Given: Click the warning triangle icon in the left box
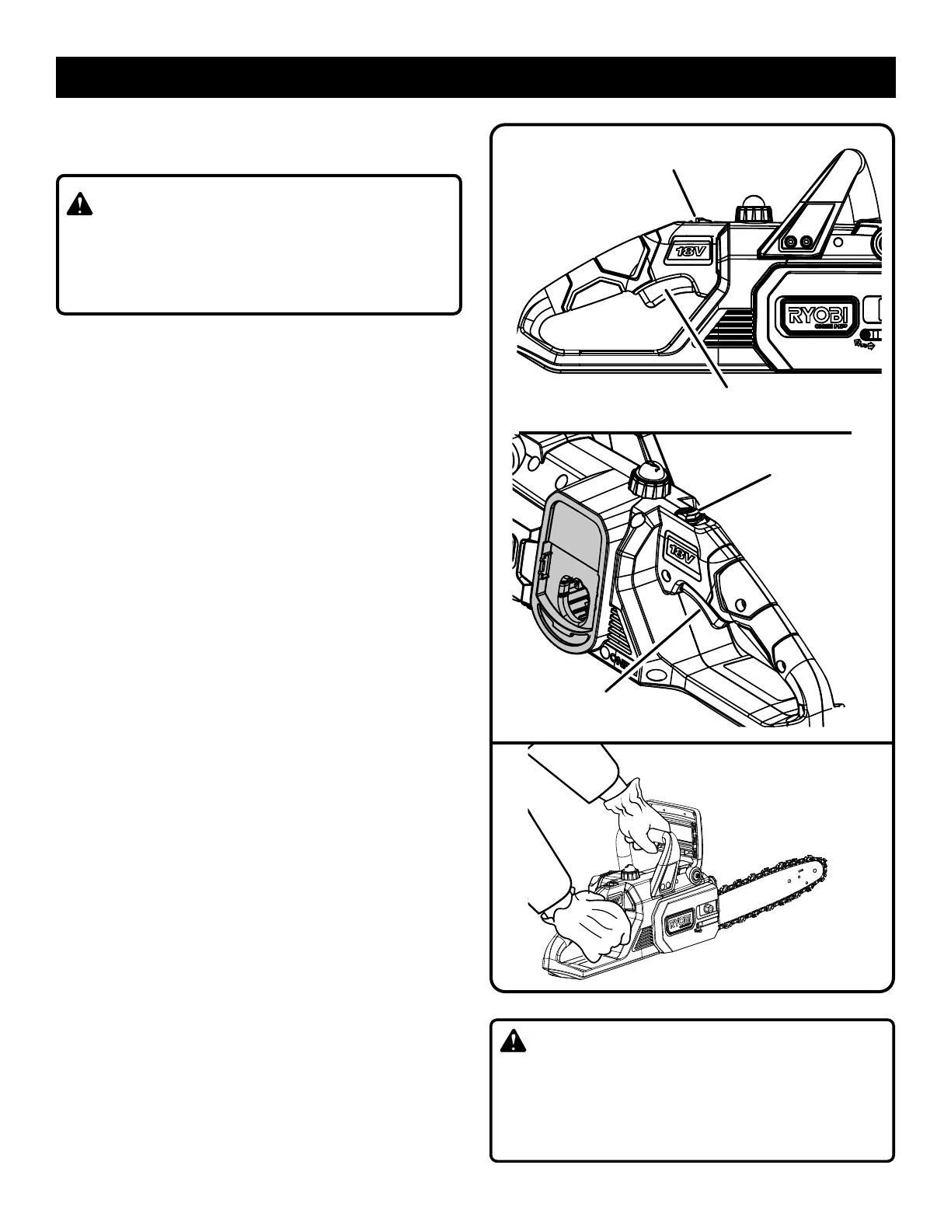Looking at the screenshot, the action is [x=79, y=204].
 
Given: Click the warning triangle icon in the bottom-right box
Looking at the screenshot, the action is [x=514, y=1041].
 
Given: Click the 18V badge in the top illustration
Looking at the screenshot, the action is [x=686, y=252].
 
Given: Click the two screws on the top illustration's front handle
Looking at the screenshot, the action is [x=798, y=242].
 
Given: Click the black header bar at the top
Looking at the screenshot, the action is [x=475, y=77].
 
